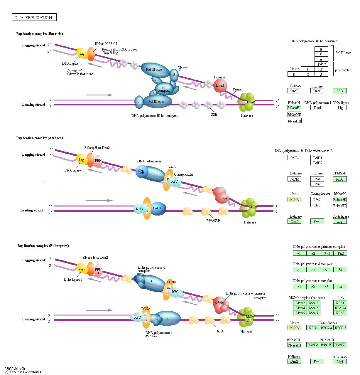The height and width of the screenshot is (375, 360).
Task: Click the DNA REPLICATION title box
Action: [x=34, y=17]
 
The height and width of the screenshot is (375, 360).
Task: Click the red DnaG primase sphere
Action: [x=220, y=85]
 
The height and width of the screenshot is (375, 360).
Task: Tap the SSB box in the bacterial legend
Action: [x=340, y=91]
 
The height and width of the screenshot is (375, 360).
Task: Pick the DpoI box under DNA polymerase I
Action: [x=317, y=107]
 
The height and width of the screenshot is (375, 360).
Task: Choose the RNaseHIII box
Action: [x=295, y=121]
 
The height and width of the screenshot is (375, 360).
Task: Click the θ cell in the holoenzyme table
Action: [x=321, y=49]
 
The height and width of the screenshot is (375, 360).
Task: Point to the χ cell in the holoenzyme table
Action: [x=308, y=74]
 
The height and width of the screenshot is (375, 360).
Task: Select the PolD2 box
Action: [x=317, y=163]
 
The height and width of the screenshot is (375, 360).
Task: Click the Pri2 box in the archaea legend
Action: [x=317, y=184]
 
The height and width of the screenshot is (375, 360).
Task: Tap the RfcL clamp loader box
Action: [x=317, y=205]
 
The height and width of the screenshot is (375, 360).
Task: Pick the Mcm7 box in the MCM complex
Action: [x=313, y=313]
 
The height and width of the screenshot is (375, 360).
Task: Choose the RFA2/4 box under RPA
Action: [x=340, y=308]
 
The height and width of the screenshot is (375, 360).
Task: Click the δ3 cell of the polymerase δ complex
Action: [x=327, y=270]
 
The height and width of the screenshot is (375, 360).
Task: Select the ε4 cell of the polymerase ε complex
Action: [x=340, y=287]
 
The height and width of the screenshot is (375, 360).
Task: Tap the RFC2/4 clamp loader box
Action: [x=327, y=328]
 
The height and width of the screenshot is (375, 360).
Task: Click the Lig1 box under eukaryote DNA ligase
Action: [x=340, y=361]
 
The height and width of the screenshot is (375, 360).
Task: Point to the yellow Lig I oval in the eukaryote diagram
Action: [x=82, y=268]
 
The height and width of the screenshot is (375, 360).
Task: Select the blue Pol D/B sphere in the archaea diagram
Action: [x=141, y=171]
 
